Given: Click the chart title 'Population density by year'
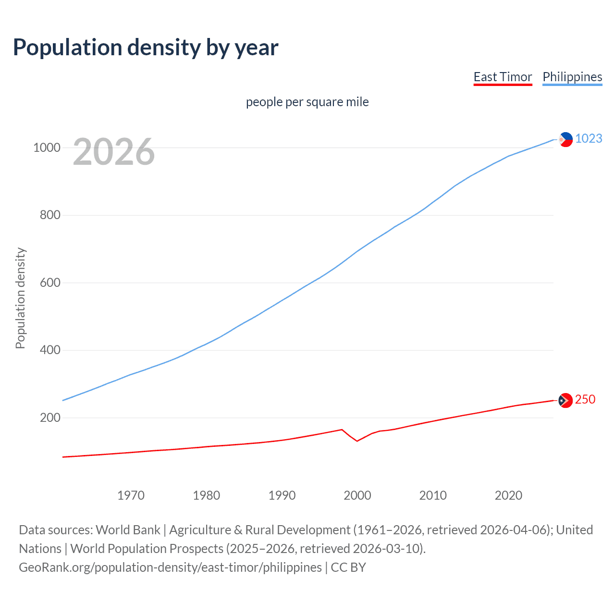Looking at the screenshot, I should click(146, 48).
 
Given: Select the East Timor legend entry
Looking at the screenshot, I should click(503, 77).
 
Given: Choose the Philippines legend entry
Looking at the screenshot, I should click(572, 77).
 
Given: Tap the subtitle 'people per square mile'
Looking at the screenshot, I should click(307, 102).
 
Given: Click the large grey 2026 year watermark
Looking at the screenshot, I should click(114, 152).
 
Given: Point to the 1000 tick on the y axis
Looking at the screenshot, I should click(47, 148).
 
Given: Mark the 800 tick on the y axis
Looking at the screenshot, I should click(50, 215).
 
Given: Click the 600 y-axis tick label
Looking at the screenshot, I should click(50, 283).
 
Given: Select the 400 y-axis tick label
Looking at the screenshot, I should click(50, 350).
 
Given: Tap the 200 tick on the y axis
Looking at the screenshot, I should click(50, 418).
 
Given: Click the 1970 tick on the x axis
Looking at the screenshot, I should click(131, 495).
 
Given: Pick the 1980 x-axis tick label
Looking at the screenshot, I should click(207, 495).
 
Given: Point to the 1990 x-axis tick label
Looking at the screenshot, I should click(282, 495).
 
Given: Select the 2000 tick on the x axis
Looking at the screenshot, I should click(357, 495).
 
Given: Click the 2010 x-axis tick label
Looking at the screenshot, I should click(433, 495).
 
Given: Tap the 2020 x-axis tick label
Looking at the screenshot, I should click(508, 495).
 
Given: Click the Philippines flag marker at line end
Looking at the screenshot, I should click(566, 139).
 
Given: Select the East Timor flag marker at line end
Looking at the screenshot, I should click(566, 400).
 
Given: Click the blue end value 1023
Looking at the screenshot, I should click(589, 138).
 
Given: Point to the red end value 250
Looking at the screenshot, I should click(585, 399).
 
